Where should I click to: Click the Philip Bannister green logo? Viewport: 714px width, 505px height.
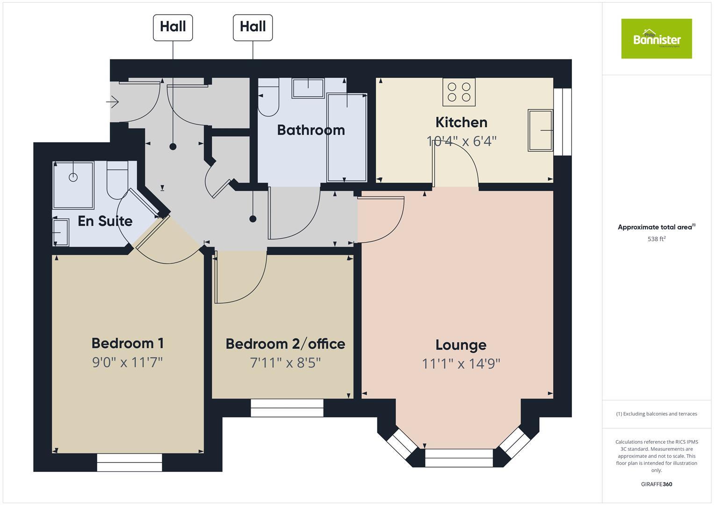point(656,39)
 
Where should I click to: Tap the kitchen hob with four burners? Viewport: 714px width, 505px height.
point(459,92)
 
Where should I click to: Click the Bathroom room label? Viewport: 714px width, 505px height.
point(311,130)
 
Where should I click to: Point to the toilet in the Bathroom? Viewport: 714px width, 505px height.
point(268,102)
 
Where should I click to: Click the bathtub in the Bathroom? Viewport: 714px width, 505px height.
point(346,137)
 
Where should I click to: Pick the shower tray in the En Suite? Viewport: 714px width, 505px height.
point(73,185)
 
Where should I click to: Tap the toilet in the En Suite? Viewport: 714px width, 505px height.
point(117,180)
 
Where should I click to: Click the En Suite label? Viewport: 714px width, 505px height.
point(105,221)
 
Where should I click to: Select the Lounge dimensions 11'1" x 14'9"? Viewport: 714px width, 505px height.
point(461,363)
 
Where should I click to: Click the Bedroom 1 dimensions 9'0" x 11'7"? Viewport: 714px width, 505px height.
point(127,362)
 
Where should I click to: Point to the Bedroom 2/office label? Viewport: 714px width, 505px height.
point(285,344)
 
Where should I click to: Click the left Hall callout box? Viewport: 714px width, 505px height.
point(173,27)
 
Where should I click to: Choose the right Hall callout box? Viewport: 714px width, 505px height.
point(252,27)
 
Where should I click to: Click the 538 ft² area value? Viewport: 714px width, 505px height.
point(656,239)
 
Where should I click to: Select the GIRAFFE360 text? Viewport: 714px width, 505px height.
point(656,484)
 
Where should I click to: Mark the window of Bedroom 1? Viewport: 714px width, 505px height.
point(130,462)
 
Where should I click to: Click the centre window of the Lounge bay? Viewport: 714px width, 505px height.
point(459,458)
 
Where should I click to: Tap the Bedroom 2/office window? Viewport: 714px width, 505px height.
point(287,408)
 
